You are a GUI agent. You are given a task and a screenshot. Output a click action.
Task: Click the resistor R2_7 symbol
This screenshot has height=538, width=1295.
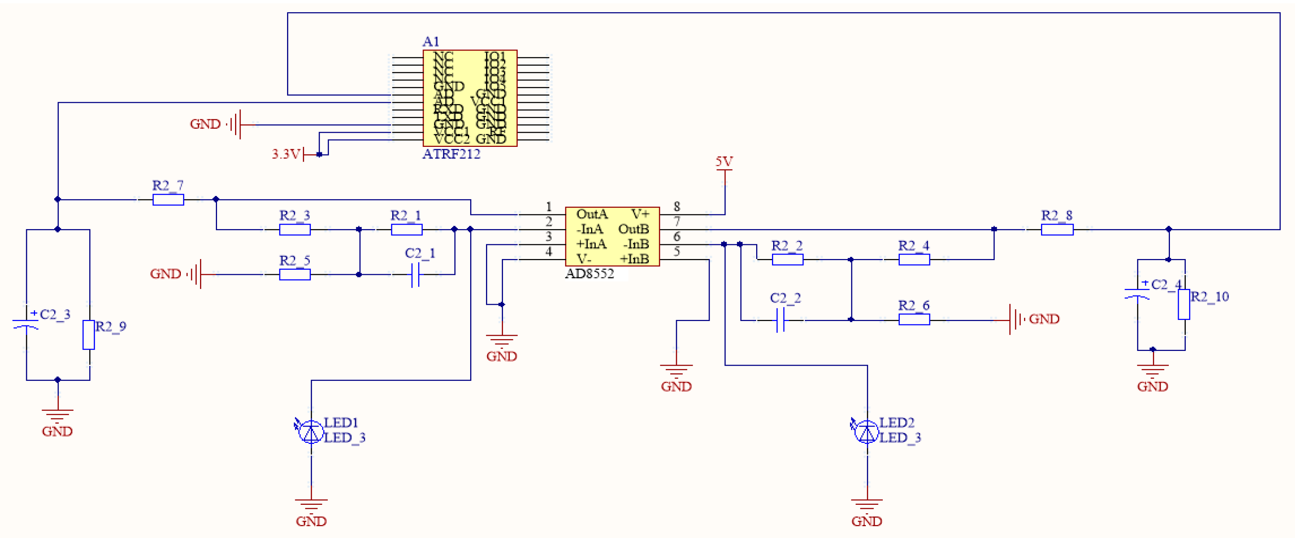coord(168,200)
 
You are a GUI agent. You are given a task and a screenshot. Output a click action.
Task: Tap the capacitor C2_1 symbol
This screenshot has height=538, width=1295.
coord(415,275)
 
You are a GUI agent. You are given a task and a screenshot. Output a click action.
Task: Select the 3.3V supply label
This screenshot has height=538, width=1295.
coord(286,154)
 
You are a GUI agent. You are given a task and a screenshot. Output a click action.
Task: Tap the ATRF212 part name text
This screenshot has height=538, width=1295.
coord(451,154)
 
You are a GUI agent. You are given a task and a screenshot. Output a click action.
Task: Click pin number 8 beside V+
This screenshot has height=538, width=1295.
coord(677,207)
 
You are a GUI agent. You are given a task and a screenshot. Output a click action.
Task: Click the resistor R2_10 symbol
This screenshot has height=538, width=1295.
coord(1184,304)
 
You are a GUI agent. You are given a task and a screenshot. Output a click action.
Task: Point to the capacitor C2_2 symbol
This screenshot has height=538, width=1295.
coord(780,320)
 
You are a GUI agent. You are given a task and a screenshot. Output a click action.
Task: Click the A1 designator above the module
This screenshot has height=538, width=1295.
coord(431,41)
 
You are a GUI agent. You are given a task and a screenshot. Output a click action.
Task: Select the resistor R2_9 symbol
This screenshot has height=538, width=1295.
coord(89,335)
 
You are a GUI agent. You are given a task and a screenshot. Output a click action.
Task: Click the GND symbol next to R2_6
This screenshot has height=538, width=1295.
coord(1016,319)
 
